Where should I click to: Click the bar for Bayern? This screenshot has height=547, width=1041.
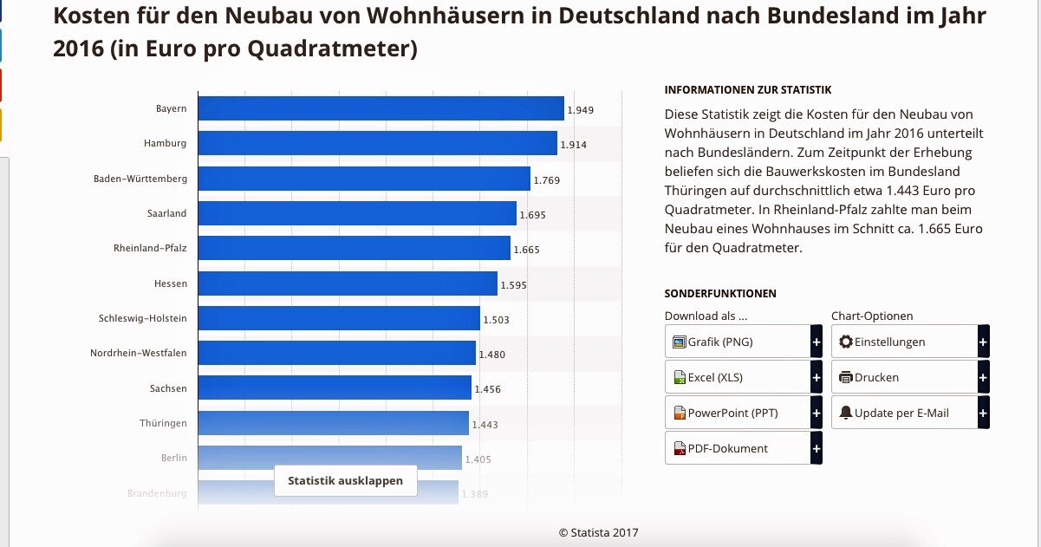click(x=381, y=108)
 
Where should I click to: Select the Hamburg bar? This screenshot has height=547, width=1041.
click(x=377, y=143)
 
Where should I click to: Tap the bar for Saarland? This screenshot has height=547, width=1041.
click(x=357, y=213)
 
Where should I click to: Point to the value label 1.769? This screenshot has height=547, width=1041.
click(x=547, y=180)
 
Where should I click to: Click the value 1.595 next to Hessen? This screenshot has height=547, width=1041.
click(x=513, y=285)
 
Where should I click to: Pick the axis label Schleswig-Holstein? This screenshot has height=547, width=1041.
click(x=142, y=318)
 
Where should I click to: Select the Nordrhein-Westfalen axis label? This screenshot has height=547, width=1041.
click(x=138, y=353)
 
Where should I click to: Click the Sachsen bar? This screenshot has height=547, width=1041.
click(x=335, y=387)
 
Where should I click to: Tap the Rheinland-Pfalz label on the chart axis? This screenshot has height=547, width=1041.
click(x=150, y=248)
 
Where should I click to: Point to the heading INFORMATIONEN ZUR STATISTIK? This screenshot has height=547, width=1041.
click(x=748, y=89)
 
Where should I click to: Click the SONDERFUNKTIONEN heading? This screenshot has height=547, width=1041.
click(x=720, y=294)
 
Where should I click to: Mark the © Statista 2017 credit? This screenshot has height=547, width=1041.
click(x=598, y=532)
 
